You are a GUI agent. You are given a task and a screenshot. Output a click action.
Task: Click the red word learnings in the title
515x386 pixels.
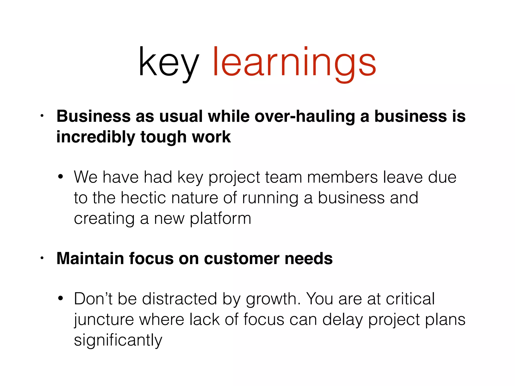[x=294, y=62]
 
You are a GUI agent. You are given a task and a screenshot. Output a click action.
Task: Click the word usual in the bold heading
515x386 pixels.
[x=181, y=117]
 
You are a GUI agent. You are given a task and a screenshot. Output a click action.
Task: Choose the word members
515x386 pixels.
[x=342, y=177]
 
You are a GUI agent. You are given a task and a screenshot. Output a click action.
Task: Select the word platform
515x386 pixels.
[x=220, y=219]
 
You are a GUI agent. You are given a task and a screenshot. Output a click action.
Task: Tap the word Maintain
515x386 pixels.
[x=90, y=259]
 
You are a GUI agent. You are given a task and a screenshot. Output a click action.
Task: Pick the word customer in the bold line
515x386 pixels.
[x=242, y=259]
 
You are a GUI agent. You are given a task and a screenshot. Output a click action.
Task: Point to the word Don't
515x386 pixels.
[x=93, y=299]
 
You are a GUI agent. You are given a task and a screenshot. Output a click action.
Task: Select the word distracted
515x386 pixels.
[x=179, y=299]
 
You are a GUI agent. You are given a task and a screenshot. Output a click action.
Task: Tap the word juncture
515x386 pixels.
[x=104, y=320]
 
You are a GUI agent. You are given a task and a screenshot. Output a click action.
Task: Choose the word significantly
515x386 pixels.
[x=118, y=341]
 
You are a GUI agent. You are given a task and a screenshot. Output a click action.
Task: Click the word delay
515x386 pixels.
[x=342, y=320]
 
